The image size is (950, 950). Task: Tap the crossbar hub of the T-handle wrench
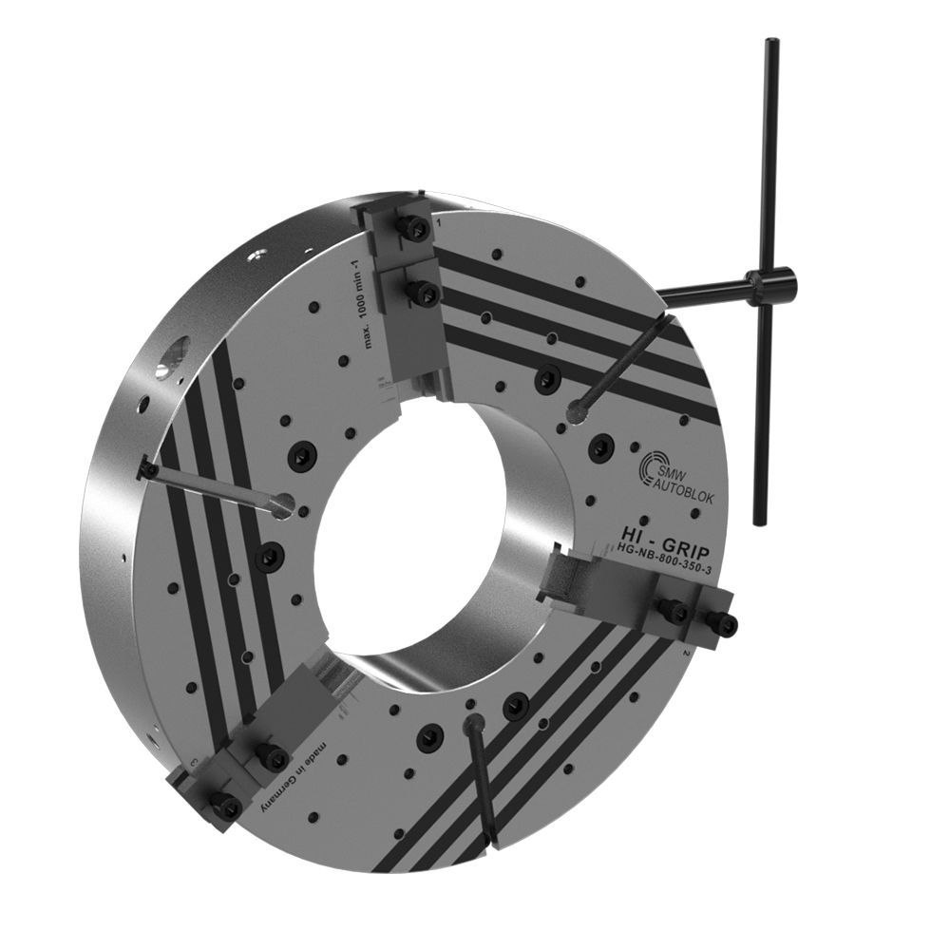[x=769, y=283]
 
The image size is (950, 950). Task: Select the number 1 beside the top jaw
[x=437, y=219]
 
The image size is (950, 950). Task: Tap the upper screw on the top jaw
[x=411, y=227]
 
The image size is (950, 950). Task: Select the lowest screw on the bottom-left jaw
[x=229, y=807]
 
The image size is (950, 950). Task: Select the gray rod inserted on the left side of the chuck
[x=214, y=486]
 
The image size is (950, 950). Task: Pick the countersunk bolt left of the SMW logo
[x=600, y=447]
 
